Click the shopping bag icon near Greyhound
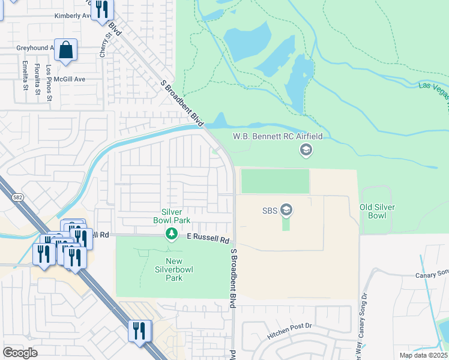[x=66, y=51]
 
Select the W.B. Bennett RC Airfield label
[x=278, y=136]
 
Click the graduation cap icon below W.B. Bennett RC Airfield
[x=306, y=150]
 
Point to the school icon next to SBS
[x=287, y=209]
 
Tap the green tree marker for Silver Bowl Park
[x=172, y=233]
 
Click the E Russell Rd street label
[x=208, y=239]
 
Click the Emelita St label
[x=25, y=76]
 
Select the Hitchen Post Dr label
[x=289, y=341]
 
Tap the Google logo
[x=20, y=353]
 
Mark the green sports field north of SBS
[x=274, y=181]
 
